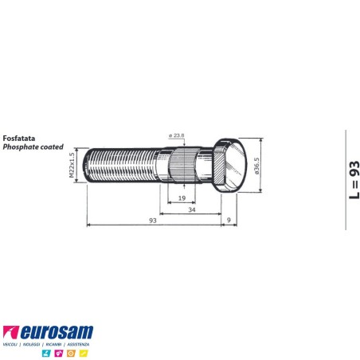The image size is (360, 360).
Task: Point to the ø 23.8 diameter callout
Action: tap(178, 136)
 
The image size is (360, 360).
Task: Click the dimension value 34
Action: tap(191, 211)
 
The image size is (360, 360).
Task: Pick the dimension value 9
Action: tap(229, 219)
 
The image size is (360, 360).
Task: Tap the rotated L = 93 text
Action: tap(354, 180)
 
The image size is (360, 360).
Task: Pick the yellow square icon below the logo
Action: tap(84, 352)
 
